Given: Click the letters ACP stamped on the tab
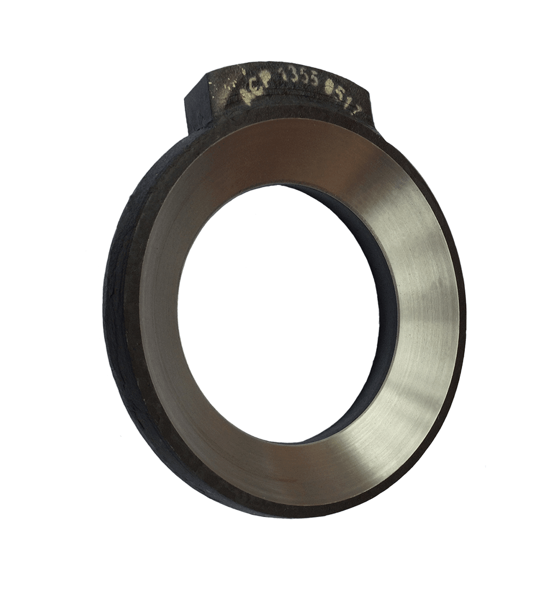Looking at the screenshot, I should tap(254, 89).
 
